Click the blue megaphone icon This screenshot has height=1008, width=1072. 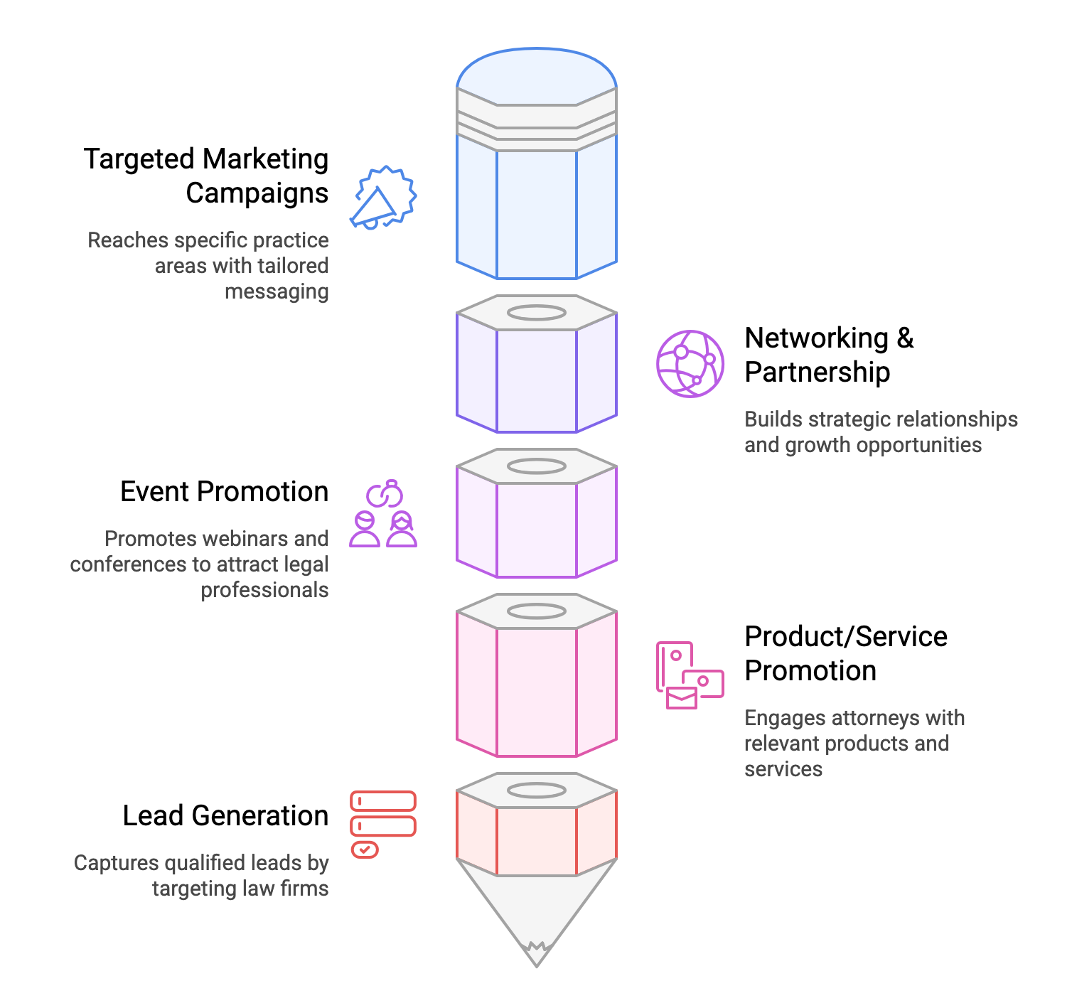[x=383, y=198]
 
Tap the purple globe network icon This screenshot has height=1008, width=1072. [x=690, y=363]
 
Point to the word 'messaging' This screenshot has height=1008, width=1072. [x=277, y=291]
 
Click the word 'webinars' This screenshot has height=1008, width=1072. [x=240, y=539]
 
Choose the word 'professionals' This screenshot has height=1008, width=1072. [x=264, y=590]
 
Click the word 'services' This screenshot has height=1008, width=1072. [x=783, y=769]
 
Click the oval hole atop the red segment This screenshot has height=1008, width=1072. [x=536, y=790]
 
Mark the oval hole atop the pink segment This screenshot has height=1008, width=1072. [x=536, y=611]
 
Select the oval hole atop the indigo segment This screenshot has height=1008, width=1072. [x=536, y=312]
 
